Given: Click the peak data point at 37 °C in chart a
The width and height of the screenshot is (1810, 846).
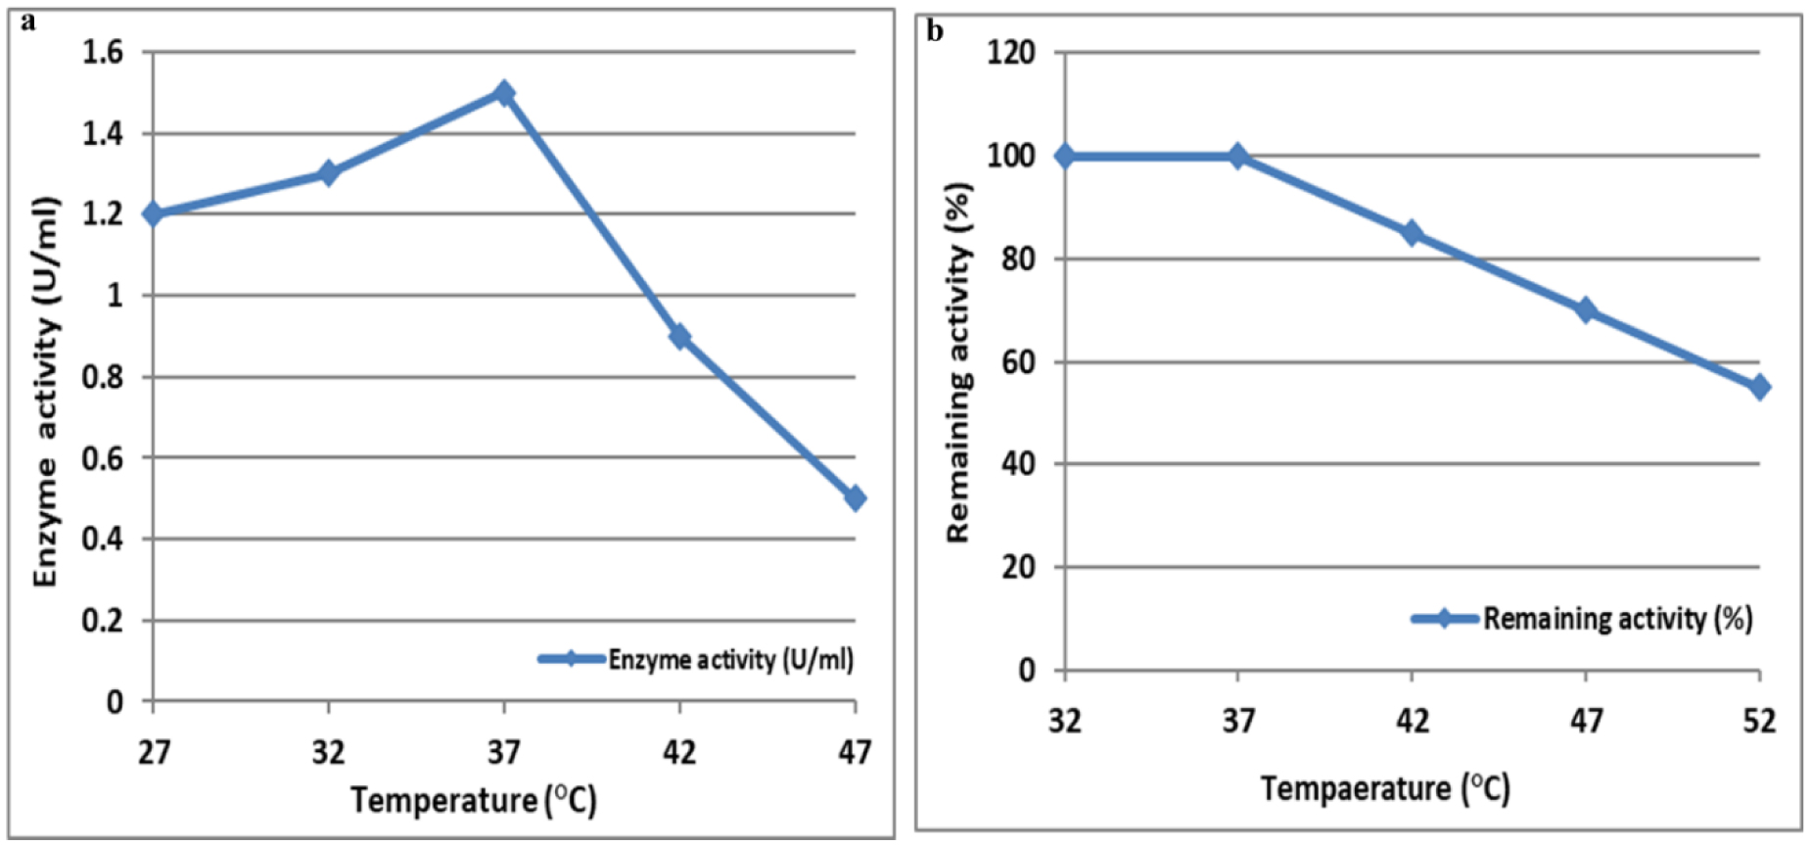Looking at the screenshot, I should pyautogui.click(x=504, y=93).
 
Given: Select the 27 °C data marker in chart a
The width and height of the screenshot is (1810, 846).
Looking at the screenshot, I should pyautogui.click(x=154, y=213).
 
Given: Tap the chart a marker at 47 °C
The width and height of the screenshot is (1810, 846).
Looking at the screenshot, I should pyautogui.click(x=855, y=498).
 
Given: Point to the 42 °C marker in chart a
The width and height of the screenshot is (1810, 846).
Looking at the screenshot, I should pyautogui.click(x=679, y=337).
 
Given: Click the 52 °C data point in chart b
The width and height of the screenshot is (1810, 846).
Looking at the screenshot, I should pyautogui.click(x=1759, y=388).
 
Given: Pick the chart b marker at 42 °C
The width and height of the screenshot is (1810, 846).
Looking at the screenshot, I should pyautogui.click(x=1412, y=233).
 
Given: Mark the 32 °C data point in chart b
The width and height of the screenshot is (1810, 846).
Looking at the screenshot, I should pyautogui.click(x=1065, y=156).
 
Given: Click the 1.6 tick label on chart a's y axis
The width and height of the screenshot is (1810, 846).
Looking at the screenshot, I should pyautogui.click(x=103, y=52).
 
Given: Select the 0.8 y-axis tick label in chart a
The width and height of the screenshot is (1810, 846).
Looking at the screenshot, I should pyautogui.click(x=103, y=377).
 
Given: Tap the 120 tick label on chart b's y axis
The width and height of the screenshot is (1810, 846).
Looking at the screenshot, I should pyautogui.click(x=1011, y=52).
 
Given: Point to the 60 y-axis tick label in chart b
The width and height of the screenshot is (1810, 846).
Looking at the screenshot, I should pyautogui.click(x=1018, y=362).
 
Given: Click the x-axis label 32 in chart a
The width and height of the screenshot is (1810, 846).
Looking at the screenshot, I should pyautogui.click(x=329, y=752).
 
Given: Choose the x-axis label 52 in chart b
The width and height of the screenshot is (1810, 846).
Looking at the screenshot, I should pyautogui.click(x=1759, y=722).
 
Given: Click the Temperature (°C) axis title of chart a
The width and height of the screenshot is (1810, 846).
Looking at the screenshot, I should pyautogui.click(x=474, y=800).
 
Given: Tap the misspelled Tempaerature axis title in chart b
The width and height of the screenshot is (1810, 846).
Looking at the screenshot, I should pyautogui.click(x=1384, y=788).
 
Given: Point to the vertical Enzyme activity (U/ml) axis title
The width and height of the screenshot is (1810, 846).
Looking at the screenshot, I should pyautogui.click(x=46, y=392).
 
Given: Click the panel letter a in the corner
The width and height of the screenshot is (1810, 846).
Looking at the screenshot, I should pyautogui.click(x=27, y=22).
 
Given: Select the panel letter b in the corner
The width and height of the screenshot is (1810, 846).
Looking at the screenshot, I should pyautogui.click(x=935, y=32).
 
